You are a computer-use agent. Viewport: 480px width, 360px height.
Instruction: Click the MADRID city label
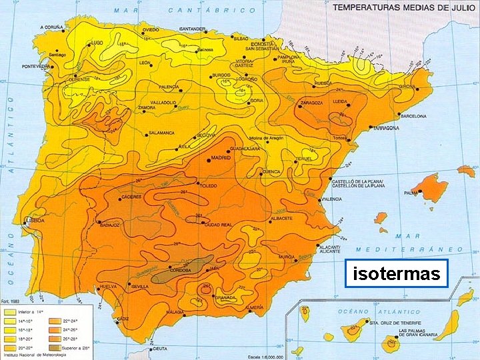pyautogui.click(x=221, y=159)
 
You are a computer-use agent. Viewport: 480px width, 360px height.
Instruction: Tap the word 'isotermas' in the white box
pyautogui.click(x=397, y=273)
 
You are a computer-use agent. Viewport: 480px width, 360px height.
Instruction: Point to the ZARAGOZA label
pyautogui.click(x=311, y=103)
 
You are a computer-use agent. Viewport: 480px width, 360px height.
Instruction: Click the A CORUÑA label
pyautogui.click(x=51, y=28)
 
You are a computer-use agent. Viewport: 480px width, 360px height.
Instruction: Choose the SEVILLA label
pyautogui.click(x=140, y=287)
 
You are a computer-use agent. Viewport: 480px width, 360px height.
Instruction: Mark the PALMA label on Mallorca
pyautogui.click(x=411, y=193)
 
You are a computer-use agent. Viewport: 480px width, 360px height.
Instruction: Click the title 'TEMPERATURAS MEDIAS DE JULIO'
pyautogui.click(x=399, y=7)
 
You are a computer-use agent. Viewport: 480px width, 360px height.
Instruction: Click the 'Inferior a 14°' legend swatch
pyautogui.click(x=10, y=311)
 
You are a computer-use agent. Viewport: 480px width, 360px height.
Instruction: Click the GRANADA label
pyautogui.click(x=224, y=297)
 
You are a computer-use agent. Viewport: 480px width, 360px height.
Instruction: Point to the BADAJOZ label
pyautogui.click(x=111, y=225)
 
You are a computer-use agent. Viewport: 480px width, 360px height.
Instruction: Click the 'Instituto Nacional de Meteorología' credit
pyautogui.click(x=29, y=357)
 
